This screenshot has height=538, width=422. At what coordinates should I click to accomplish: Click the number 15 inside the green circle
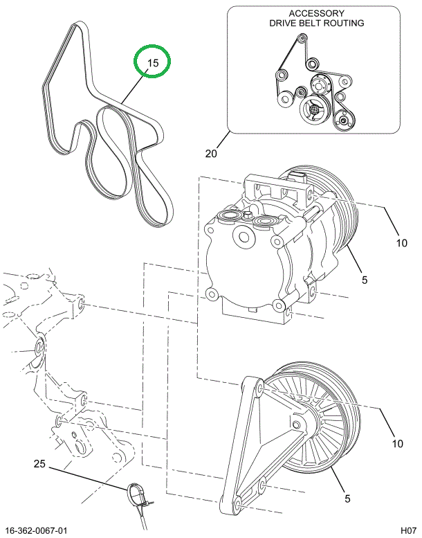pyautogui.click(x=152, y=63)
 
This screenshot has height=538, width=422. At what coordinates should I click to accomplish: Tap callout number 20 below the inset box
pyautogui.click(x=212, y=153)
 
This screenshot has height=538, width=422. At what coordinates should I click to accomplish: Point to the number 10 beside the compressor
pyautogui.click(x=402, y=242)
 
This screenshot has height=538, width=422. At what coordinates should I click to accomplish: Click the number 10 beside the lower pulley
pyautogui.click(x=398, y=443)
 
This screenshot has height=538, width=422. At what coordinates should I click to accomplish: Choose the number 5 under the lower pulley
pyautogui.click(x=347, y=497)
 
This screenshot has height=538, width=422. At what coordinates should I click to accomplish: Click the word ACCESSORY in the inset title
pyautogui.click(x=316, y=13)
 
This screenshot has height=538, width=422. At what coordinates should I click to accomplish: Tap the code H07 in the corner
pyautogui.click(x=407, y=530)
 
